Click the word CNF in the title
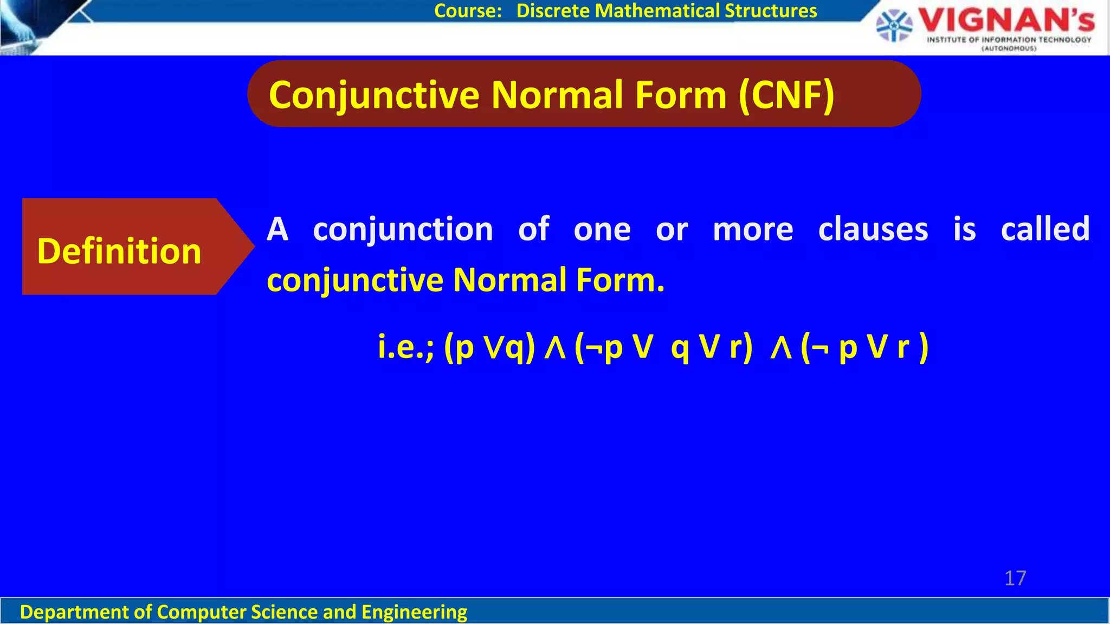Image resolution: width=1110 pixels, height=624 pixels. (786, 95)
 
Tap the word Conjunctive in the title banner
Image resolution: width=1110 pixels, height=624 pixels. (374, 95)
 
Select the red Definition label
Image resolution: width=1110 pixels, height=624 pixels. (119, 251)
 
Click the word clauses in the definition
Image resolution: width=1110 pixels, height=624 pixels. (873, 229)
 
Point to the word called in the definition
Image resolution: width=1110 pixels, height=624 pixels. (1045, 229)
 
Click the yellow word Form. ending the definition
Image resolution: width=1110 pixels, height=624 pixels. (620, 280)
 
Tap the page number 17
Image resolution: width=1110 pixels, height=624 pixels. (1015, 578)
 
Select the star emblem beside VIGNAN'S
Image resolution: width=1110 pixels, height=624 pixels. (894, 25)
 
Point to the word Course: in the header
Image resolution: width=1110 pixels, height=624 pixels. (468, 11)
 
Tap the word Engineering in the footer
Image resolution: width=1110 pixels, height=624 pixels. (414, 612)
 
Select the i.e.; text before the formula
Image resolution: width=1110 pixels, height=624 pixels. (406, 347)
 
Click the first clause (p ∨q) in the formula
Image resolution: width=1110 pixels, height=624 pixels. (489, 347)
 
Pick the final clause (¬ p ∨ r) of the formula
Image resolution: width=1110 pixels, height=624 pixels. (864, 347)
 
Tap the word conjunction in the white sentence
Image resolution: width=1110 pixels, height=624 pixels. (403, 230)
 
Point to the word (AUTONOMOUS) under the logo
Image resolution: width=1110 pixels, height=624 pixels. (1009, 49)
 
